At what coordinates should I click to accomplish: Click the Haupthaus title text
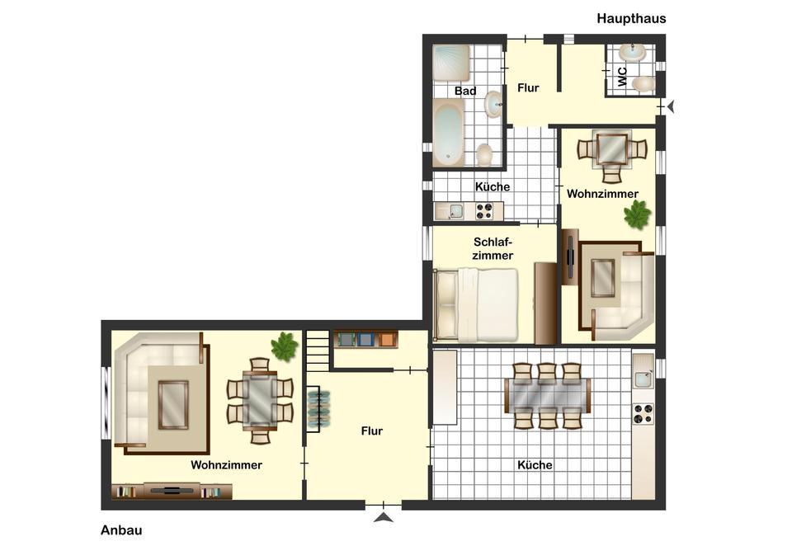click(x=631, y=19)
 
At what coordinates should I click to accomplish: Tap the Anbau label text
click(x=121, y=530)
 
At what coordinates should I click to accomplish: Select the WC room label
click(x=623, y=77)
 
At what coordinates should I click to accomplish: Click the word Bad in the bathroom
click(x=465, y=91)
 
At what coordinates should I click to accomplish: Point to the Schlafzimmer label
click(x=493, y=249)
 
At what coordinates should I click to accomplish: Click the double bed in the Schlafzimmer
click(x=476, y=304)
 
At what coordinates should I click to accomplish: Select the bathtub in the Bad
click(x=449, y=132)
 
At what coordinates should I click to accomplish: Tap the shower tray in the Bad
click(x=451, y=63)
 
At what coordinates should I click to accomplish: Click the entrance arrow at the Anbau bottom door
click(x=384, y=517)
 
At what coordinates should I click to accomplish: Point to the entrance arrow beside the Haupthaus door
click(x=671, y=107)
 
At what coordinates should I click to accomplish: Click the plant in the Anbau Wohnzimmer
click(x=285, y=346)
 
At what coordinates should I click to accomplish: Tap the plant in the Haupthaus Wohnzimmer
click(x=638, y=214)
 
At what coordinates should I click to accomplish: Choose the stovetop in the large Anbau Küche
click(x=643, y=413)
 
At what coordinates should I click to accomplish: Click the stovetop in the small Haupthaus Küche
click(x=484, y=211)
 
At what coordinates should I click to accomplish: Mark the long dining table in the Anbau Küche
click(x=548, y=396)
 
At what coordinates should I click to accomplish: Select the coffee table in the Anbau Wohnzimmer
click(x=173, y=404)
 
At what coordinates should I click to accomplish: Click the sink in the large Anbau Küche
click(x=643, y=379)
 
